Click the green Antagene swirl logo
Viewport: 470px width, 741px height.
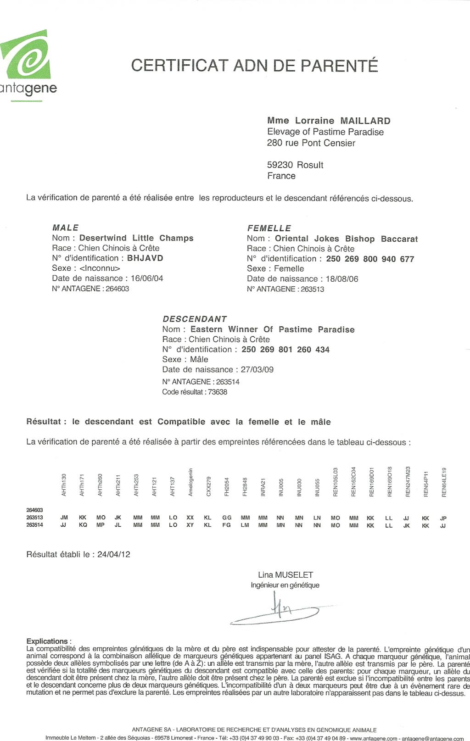point(27,55)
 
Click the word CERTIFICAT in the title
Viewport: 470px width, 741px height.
point(179,66)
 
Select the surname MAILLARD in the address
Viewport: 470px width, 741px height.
point(365,121)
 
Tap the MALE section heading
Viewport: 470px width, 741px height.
point(66,228)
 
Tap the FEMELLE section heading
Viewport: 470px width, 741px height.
point(269,228)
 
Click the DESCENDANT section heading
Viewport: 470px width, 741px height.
point(195,319)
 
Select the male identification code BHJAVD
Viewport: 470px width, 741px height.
point(145,258)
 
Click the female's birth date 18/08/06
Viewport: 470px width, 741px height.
point(342,279)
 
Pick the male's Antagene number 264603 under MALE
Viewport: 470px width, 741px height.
point(117,289)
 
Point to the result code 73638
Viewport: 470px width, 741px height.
point(218,392)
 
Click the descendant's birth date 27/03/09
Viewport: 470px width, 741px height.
point(257,369)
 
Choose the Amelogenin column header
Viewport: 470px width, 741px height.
point(190,482)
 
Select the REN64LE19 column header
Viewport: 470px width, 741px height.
point(444,482)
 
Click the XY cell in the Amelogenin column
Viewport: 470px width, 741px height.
point(190,525)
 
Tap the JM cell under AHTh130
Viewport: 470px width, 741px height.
point(64,518)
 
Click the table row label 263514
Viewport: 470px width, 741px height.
point(34,525)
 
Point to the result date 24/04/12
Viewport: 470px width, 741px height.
point(113,554)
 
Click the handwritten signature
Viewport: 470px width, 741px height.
point(278,610)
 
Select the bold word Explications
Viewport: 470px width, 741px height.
point(47,641)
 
